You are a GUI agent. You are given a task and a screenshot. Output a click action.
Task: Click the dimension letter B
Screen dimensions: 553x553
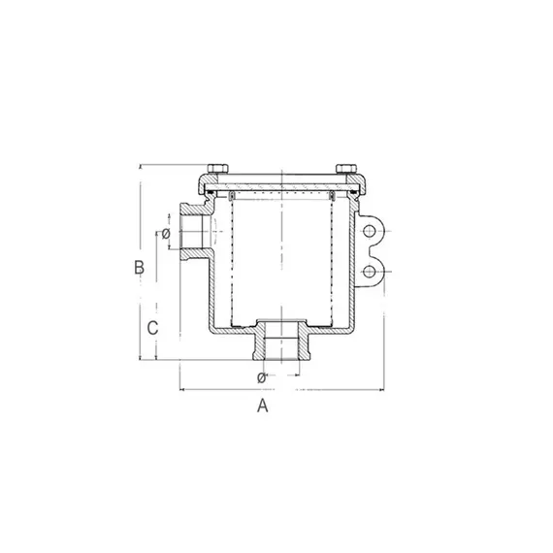point(139,266)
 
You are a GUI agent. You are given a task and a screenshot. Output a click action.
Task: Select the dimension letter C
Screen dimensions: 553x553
point(152,328)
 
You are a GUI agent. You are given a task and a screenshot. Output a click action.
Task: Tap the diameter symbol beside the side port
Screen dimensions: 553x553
point(166,234)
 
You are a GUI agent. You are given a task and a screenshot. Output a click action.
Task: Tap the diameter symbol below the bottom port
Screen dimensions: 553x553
point(261,376)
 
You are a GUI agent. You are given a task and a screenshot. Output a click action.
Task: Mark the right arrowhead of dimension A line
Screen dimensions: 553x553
point(385,390)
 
